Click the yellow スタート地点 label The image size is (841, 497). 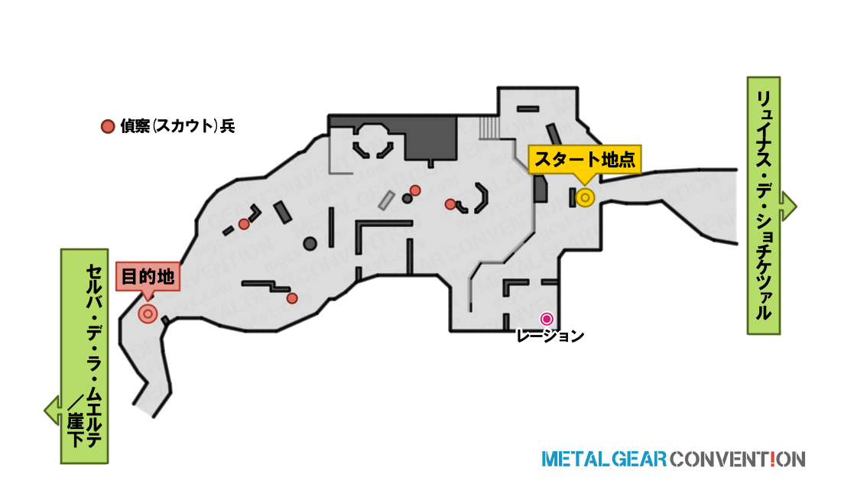tap(585, 159)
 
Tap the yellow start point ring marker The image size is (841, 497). tap(585, 198)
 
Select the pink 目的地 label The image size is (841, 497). tap(148, 277)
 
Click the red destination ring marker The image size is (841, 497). tap(148, 313)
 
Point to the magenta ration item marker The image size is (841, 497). tap(547, 319)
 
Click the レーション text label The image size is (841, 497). tap(550, 336)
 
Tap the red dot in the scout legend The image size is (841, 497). tap(108, 126)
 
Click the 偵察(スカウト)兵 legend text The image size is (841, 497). tap(177, 126)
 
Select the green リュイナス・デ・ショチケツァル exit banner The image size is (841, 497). tap(764, 206)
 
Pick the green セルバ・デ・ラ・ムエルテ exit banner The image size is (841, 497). tap(85, 356)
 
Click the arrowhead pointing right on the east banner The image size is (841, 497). tap(789, 206)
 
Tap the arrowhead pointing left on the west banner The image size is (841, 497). tap(52, 411)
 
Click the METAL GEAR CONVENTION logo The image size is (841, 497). tap(673, 460)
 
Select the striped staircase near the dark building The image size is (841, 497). tap(489, 128)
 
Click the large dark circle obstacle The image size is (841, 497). tap(310, 244)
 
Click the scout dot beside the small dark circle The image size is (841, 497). tap(415, 190)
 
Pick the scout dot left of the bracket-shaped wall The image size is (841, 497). tap(450, 203)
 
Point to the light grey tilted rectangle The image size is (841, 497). tap(386, 200)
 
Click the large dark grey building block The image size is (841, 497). tap(430, 138)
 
